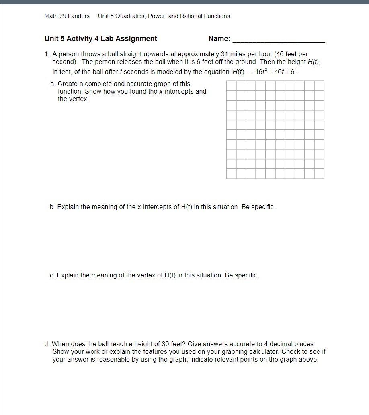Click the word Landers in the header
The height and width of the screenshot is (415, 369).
tap(79, 16)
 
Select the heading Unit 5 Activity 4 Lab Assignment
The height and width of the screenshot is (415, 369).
tap(101, 39)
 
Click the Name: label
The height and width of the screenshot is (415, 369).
tap(219, 39)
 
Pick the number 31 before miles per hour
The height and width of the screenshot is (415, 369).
tap(225, 54)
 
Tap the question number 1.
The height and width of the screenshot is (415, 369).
tap(47, 54)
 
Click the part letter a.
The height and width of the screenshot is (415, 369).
tap(53, 84)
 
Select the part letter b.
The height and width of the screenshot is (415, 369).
tap(52, 207)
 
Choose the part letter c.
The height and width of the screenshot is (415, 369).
tap(52, 275)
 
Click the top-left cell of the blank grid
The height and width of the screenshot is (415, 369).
tap(231, 86)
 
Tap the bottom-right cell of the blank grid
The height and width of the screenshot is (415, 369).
tap(319, 173)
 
